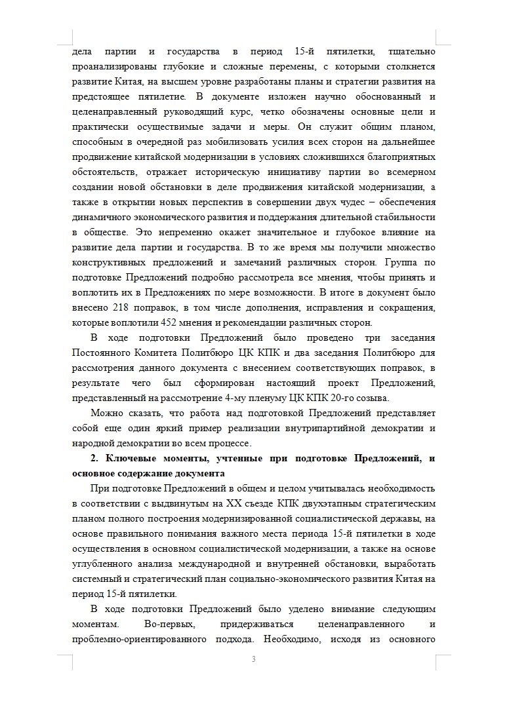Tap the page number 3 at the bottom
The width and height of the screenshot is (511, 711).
253,659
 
